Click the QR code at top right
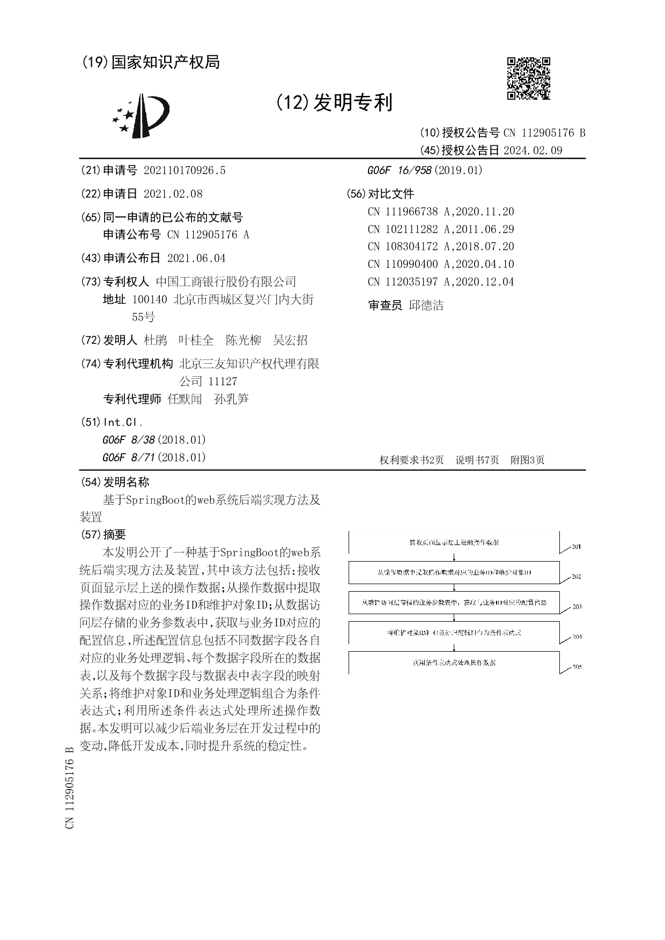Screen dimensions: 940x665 [528, 79]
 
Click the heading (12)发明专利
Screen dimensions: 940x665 [334, 102]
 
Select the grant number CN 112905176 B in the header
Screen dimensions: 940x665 [544, 133]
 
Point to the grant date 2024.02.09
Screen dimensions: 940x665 [533, 151]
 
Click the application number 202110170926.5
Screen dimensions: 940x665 [184, 170]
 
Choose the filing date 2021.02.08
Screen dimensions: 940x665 [173, 194]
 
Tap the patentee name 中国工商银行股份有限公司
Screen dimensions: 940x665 [225, 282]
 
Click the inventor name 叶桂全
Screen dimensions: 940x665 [196, 340]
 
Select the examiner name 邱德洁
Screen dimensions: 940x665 [426, 305]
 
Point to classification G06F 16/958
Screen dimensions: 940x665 [399, 170]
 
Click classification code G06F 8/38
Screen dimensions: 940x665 [128, 440]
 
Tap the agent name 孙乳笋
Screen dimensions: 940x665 [231, 399]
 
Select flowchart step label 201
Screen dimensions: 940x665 [576, 547]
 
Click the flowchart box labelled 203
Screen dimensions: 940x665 [454, 602]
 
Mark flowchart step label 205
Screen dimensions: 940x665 [577, 667]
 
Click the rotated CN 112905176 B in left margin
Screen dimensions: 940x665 [70, 787]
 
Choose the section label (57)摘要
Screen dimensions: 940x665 [103, 534]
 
